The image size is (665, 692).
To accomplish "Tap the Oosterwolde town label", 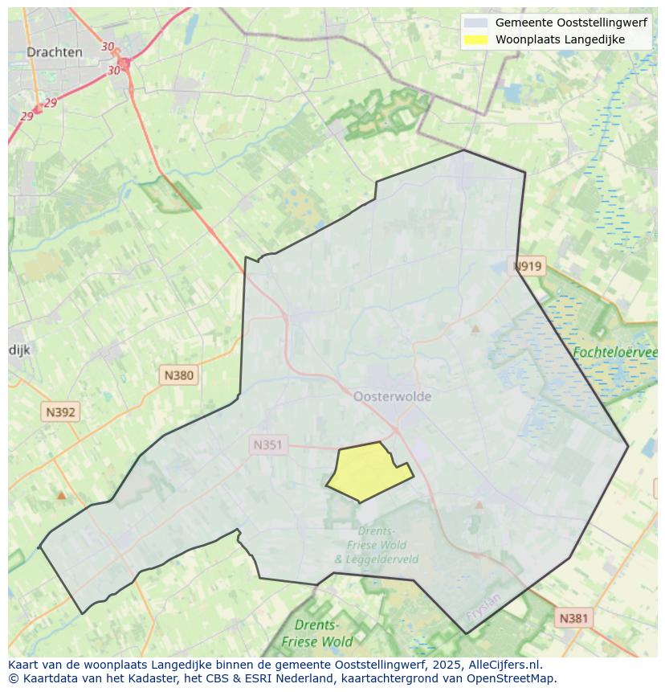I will [392, 396].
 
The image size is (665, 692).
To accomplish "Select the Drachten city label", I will [55, 52].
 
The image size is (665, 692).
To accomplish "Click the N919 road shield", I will [528, 266].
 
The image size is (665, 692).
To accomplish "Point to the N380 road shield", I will [178, 375].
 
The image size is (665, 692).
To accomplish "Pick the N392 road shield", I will [60, 412].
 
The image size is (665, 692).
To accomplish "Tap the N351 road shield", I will [268, 444].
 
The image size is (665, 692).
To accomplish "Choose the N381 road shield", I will [573, 617].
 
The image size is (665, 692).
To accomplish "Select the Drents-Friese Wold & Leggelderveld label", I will [376, 545].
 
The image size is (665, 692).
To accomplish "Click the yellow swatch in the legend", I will [476, 39].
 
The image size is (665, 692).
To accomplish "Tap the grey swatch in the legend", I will [476, 23].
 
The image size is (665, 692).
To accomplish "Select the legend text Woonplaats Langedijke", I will [560, 39].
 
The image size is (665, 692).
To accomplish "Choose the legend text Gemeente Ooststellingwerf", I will [571, 23].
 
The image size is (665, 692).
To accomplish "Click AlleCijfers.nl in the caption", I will [504, 665].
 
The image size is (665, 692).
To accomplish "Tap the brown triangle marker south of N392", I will [61, 496].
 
